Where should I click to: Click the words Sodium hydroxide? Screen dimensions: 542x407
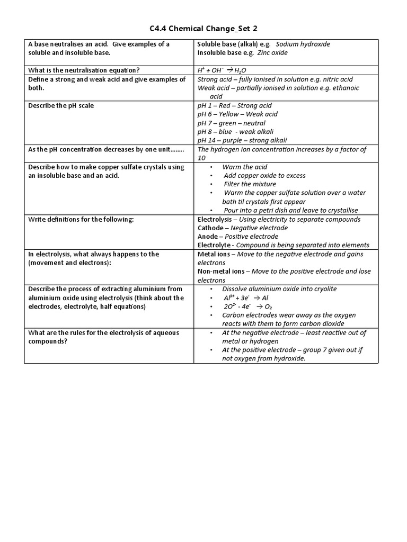(x=303, y=44)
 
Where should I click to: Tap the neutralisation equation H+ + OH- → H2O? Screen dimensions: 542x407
(x=222, y=70)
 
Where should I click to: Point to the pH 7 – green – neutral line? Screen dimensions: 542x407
(x=232, y=123)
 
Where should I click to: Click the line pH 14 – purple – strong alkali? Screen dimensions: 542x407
(x=242, y=140)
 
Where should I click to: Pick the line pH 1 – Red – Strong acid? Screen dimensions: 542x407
(x=234, y=105)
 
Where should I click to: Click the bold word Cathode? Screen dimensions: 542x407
(x=210, y=228)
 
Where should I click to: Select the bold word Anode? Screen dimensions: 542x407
(x=208, y=237)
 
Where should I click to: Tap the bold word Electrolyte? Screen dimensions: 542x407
(x=214, y=245)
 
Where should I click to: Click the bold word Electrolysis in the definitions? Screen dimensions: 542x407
(x=215, y=219)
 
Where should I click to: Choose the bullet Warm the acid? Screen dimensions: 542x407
(x=245, y=167)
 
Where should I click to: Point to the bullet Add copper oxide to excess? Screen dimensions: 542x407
(x=264, y=176)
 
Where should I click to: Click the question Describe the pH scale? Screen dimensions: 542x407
(x=61, y=105)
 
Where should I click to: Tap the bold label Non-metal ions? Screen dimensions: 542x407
(x=221, y=272)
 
